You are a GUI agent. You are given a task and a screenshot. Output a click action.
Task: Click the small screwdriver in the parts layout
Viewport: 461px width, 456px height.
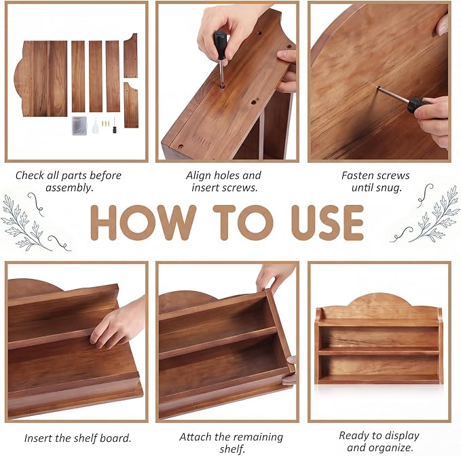click(114, 126)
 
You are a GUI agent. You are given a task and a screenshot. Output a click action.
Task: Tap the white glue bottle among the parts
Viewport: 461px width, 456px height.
click(95, 126)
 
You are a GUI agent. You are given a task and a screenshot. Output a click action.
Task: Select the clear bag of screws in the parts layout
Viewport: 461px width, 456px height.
click(79, 126)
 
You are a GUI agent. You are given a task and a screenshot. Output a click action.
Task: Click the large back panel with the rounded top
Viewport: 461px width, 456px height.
click(41, 79)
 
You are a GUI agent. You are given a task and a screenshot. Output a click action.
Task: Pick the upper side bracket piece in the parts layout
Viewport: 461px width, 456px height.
click(131, 56)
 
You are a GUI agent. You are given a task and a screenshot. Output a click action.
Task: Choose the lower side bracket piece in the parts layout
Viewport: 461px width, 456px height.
click(131, 105)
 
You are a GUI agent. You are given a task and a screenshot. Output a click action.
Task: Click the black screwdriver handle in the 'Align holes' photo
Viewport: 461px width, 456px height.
click(220, 45)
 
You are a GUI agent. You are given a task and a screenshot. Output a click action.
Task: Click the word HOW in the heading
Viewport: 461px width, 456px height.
click(143, 223)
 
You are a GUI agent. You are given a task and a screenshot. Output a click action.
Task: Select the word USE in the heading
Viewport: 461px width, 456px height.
click(327, 223)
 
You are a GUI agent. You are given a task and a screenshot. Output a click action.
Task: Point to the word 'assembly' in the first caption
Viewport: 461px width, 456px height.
click(69, 188)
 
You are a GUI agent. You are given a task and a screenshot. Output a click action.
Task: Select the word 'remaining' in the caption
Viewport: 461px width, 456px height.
click(255, 438)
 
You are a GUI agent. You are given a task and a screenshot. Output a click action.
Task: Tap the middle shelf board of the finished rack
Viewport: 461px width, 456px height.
click(379, 351)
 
